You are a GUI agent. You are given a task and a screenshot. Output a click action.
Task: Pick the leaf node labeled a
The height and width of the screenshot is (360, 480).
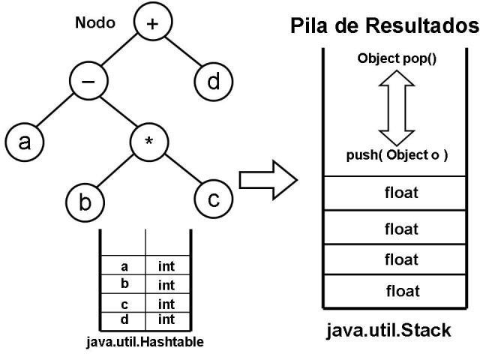coord(25,142)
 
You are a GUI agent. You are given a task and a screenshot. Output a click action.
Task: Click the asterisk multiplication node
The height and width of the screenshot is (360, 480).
coord(149,142)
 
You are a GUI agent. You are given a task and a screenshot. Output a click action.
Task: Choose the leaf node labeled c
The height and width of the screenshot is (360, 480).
coord(212,199)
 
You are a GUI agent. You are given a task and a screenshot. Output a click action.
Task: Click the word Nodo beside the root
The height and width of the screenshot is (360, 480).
coord(95,22)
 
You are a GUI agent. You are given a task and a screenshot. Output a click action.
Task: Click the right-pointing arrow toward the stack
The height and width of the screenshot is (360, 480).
coord(268,181)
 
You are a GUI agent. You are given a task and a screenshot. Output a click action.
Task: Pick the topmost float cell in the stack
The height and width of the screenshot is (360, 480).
coord(397,193)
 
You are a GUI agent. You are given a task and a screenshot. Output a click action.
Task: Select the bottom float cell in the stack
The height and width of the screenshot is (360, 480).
coord(397,291)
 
